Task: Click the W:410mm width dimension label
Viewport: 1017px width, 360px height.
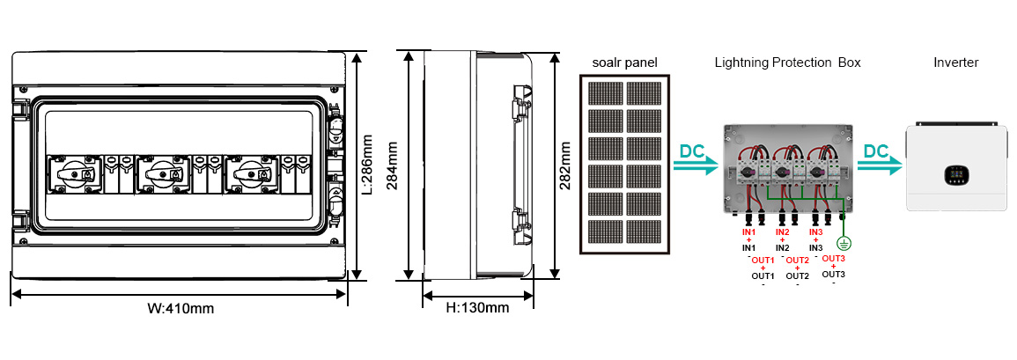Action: pos(181,309)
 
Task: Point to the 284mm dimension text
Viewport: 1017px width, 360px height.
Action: pos(393,164)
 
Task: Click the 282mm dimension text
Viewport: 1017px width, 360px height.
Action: pos(565,164)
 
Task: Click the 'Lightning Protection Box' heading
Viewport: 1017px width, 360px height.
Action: pos(787,62)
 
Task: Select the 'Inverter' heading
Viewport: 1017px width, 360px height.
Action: pos(955,62)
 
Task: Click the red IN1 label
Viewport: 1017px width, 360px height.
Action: pos(748,231)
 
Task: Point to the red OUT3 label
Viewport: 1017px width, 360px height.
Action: pos(833,258)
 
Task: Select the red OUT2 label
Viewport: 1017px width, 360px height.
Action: pos(797,261)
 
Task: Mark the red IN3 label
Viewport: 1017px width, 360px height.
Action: pos(815,231)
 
